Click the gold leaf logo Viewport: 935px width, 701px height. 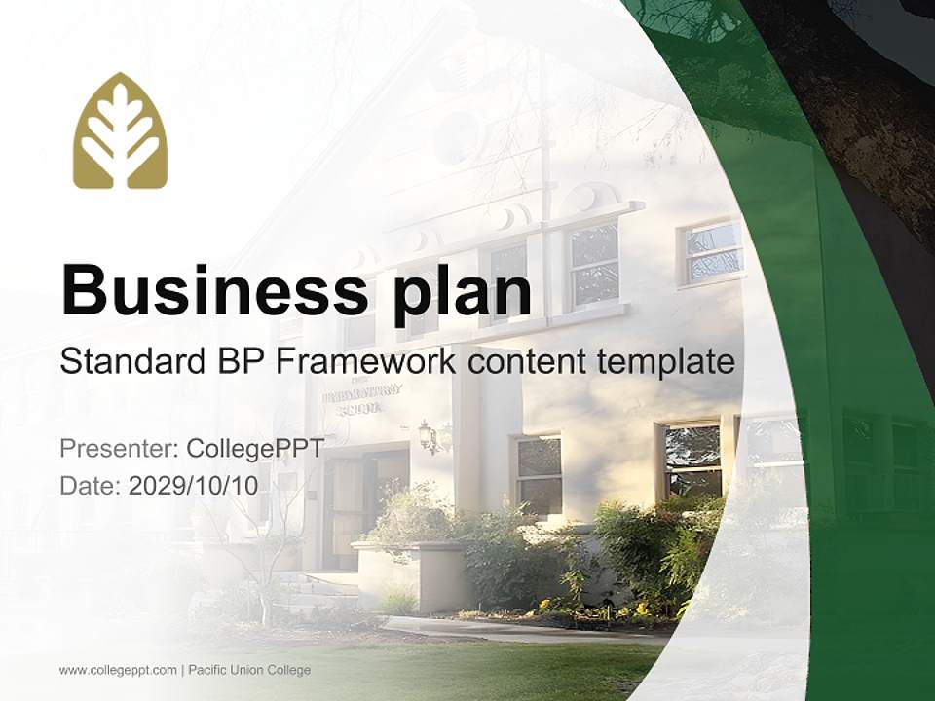(120, 130)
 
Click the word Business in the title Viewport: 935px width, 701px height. (206, 289)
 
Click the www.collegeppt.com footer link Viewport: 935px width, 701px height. (118, 670)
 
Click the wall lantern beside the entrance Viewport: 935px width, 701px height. (428, 435)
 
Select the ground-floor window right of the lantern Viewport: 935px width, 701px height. (538, 474)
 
